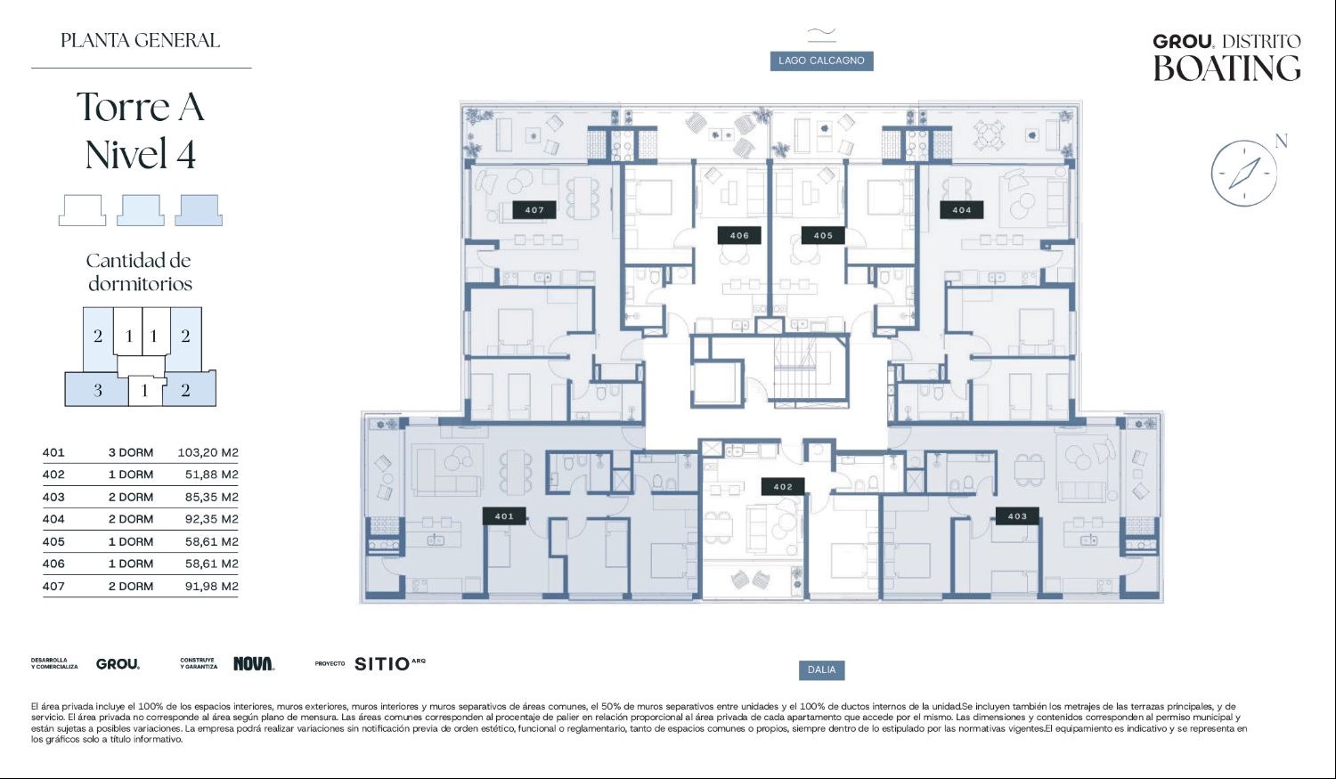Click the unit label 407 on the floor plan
tap(534, 210)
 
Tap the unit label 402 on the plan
tap(783, 487)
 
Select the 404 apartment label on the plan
tap(961, 210)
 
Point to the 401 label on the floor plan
tap(504, 516)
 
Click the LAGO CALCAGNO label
tap(821, 61)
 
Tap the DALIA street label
tap(821, 669)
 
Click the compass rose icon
tap(1243, 174)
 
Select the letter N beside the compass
tap(1281, 141)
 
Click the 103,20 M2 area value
tap(208, 452)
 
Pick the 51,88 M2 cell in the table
tap(212, 475)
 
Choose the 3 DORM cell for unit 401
tap(131, 452)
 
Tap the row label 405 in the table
tap(53, 542)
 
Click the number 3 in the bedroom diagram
tap(98, 391)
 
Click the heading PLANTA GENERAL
tap(140, 41)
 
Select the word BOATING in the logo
tap(1226, 68)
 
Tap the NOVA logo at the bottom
tap(254, 663)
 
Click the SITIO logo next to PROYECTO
tap(390, 663)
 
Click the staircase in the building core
tap(802, 369)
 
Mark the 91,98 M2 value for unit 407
tap(212, 587)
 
